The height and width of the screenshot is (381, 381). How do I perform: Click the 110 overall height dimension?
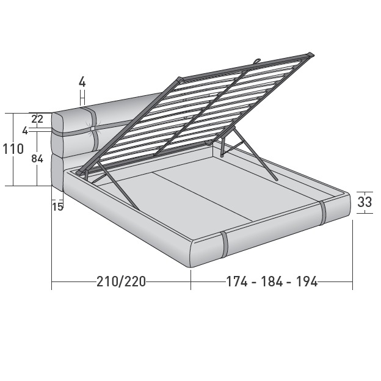tap(13, 149)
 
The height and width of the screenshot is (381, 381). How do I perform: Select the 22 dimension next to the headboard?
tap(37, 119)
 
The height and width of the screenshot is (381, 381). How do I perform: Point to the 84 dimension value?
tap(37, 159)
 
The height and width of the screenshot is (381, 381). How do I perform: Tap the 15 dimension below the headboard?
tap(57, 206)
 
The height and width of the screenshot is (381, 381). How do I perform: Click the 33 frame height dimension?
tap(365, 202)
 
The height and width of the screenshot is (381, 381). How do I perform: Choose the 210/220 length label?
tap(121, 281)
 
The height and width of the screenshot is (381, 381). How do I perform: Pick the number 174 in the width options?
tap(236, 281)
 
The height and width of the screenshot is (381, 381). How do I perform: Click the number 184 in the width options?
tap(272, 281)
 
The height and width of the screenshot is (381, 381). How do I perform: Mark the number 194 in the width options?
tap(307, 281)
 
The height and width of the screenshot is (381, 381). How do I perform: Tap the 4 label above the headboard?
tap(82, 81)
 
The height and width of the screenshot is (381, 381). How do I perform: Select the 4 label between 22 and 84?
tap(25, 131)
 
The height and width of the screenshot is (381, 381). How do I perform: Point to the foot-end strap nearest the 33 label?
tap(323, 211)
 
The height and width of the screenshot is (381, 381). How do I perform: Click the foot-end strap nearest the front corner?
tap(225, 244)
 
